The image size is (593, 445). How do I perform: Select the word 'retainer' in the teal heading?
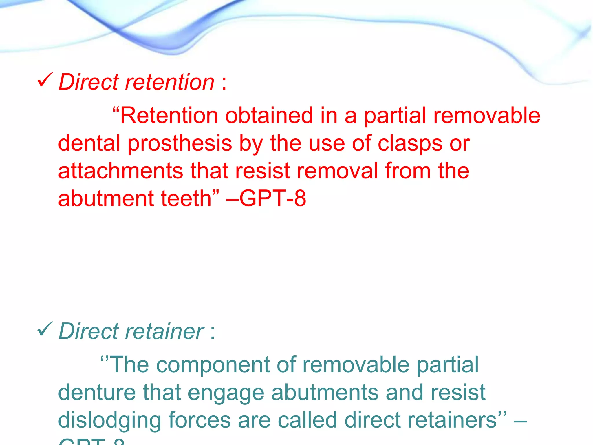[164, 331]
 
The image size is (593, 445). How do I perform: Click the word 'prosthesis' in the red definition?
[180, 143]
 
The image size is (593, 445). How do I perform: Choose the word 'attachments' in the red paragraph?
[120, 171]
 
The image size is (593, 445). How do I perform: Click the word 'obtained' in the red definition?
[269, 116]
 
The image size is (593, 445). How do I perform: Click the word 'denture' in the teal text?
[97, 393]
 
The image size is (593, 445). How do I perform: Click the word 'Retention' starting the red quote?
[169, 116]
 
